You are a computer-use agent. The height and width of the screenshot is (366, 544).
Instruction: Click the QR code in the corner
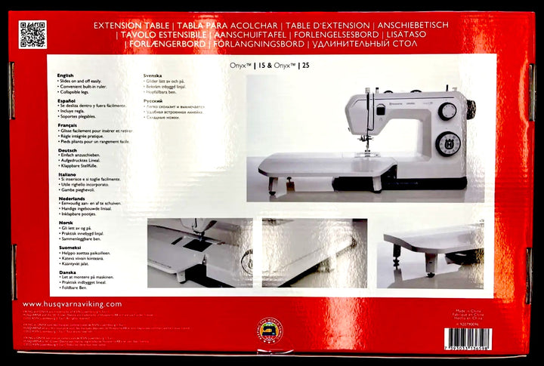[x=32, y=35]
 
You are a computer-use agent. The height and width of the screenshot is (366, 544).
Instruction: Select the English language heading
[x=66, y=75]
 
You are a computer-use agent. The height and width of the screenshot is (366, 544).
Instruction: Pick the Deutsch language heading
[x=67, y=149]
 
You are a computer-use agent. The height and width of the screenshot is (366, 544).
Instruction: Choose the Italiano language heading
[x=67, y=174]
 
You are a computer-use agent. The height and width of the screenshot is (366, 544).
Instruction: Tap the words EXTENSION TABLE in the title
[x=129, y=26]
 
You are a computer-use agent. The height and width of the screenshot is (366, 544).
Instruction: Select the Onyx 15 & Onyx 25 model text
[x=270, y=66]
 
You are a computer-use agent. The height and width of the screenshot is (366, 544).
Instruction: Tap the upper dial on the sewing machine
[x=447, y=110]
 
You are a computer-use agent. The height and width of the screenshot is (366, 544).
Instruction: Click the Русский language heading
[x=153, y=100]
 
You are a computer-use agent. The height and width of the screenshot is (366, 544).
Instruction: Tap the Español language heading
[x=66, y=100]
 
